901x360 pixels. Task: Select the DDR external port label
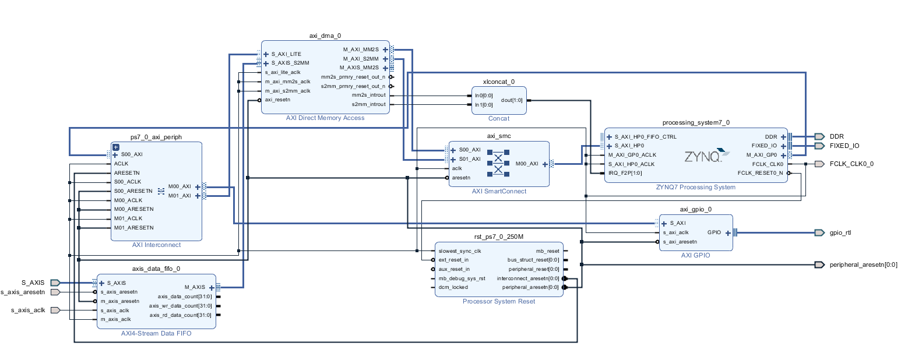pos(837,136)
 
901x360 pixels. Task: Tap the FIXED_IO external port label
pos(844,146)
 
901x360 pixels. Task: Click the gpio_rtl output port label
pos(840,232)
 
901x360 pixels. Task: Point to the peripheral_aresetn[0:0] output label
pos(863,264)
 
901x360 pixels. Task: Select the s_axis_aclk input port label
pos(28,310)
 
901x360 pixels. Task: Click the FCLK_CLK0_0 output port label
pos(851,164)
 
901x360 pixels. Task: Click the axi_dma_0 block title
pos(325,36)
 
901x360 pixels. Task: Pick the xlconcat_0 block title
pos(498,82)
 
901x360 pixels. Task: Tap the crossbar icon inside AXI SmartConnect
pos(498,163)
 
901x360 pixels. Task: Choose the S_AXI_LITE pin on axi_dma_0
pos(286,54)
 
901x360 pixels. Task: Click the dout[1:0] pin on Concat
pos(512,100)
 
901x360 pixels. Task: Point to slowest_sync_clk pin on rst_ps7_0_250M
pos(459,251)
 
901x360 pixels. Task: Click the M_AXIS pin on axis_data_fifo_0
pos(195,287)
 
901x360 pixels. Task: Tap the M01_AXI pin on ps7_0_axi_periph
pos(180,196)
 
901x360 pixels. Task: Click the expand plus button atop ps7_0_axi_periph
pos(115,147)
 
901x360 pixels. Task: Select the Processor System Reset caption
pos(498,301)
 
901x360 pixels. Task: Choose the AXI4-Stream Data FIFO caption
pos(156,333)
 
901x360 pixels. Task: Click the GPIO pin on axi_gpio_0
pos(714,232)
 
